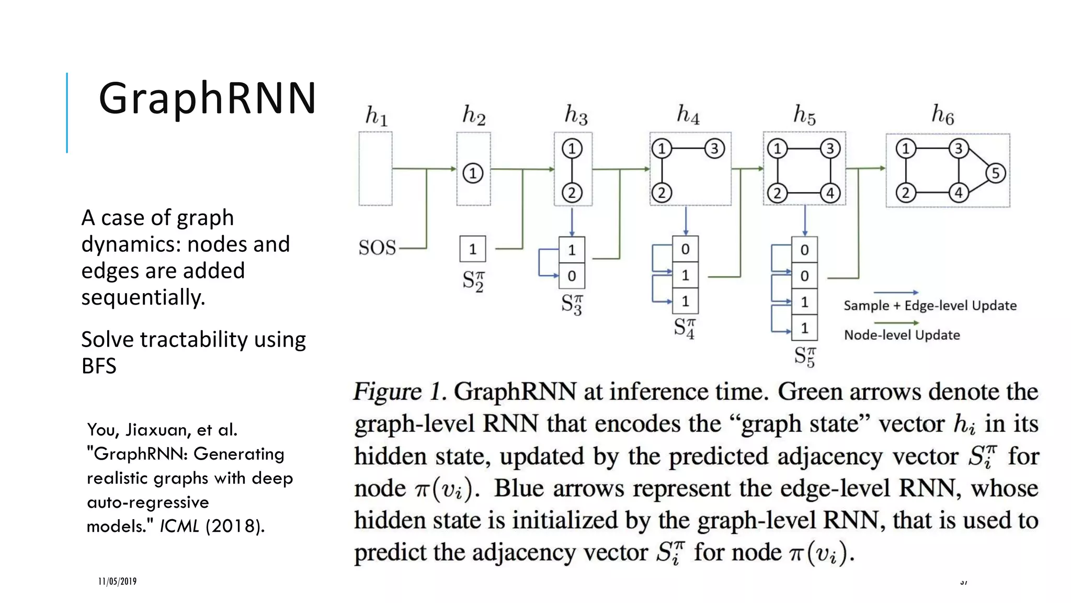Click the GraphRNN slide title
(207, 98)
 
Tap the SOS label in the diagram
(377, 248)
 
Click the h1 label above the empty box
(376, 116)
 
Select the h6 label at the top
(942, 115)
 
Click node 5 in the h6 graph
(995, 173)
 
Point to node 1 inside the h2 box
(473, 173)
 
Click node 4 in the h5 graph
(830, 193)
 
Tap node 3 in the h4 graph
(714, 149)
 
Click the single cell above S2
(473, 249)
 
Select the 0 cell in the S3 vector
(572, 276)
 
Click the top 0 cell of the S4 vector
(685, 250)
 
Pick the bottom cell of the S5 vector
(804, 328)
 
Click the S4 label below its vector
(685, 328)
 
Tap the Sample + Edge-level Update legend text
(930, 306)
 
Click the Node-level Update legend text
(902, 335)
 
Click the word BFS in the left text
(99, 366)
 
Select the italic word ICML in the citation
(179, 526)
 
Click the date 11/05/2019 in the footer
(117, 582)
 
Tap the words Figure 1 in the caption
(400, 392)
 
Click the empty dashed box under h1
(375, 169)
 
